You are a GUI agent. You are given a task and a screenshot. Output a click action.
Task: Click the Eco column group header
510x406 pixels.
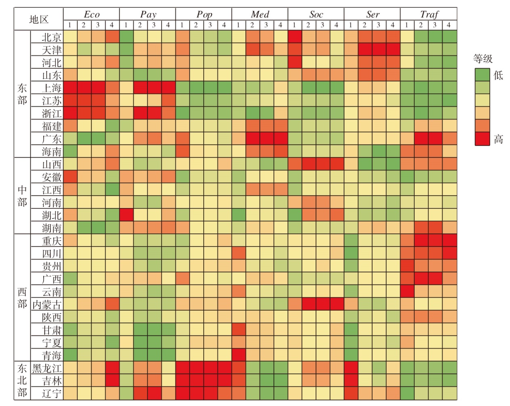click(91, 15)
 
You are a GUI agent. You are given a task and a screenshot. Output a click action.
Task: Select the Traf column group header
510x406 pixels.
click(429, 15)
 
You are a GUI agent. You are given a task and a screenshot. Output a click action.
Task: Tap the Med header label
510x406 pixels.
click(260, 15)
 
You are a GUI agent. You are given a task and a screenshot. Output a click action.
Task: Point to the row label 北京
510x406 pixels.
click(51, 37)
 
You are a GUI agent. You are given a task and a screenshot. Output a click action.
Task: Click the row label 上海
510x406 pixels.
click(51, 88)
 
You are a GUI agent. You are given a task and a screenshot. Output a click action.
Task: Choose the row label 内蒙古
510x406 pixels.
click(47, 304)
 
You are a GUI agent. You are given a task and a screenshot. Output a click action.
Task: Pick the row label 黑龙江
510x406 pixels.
click(47, 368)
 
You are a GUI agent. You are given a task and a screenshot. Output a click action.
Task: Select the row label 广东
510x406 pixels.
click(51, 139)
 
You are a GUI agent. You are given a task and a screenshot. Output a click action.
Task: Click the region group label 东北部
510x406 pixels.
click(22, 380)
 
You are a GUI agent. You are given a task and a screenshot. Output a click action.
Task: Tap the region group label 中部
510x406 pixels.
click(22, 196)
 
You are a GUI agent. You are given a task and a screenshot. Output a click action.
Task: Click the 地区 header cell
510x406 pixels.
click(39, 19)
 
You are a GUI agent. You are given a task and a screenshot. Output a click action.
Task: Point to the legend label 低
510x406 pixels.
click(498, 75)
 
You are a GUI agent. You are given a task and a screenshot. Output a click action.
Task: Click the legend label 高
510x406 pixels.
click(498, 139)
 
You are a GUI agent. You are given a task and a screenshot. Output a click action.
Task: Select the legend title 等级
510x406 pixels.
click(483, 59)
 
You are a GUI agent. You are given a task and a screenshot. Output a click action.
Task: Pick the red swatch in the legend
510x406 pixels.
click(482, 139)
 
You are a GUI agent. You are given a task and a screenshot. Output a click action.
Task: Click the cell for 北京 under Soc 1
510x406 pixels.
click(295, 37)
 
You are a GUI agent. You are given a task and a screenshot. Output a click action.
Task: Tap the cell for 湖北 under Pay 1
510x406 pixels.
click(126, 215)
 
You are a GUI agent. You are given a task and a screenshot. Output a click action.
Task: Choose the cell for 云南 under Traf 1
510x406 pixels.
click(407, 291)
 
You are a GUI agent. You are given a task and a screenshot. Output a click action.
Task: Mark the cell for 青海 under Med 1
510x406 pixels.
click(238, 355)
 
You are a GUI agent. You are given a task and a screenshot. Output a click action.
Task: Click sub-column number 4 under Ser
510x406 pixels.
click(392, 25)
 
